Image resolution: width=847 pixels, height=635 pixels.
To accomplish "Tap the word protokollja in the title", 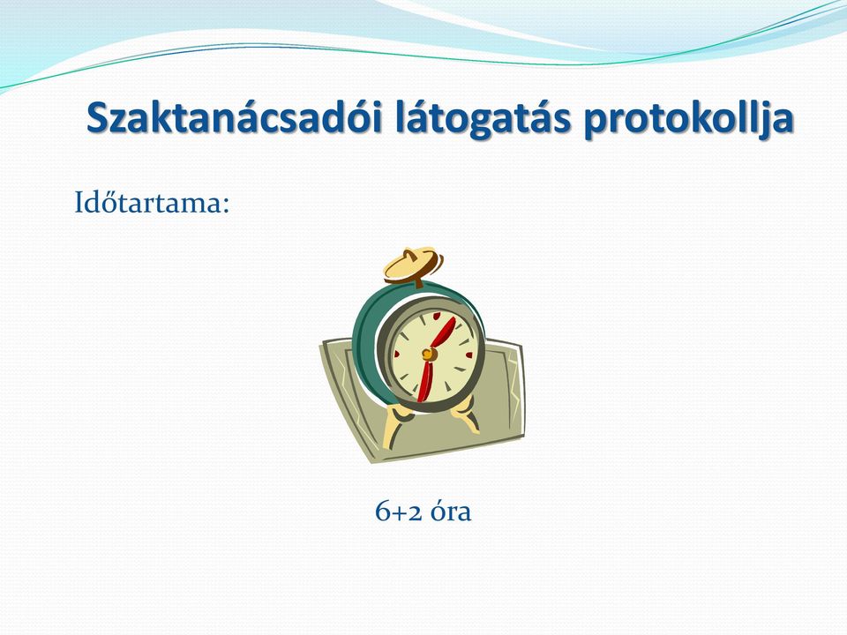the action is click(688, 120).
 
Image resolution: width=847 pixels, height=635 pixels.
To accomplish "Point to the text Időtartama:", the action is click(152, 203).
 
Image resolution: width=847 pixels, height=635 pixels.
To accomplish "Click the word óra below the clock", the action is click(451, 511).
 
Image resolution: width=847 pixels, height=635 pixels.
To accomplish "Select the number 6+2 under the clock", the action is click(399, 511).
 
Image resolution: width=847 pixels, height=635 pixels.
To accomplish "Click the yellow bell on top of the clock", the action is click(413, 265).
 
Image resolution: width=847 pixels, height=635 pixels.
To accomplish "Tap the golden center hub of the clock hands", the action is click(429, 355).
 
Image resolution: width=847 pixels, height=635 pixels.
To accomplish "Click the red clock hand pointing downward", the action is click(425, 382).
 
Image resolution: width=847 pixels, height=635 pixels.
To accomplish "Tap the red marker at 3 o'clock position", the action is click(468, 355).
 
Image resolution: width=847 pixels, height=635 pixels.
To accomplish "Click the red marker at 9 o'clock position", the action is click(396, 355).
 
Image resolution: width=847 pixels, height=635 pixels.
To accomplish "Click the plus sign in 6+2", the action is click(399, 513).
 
